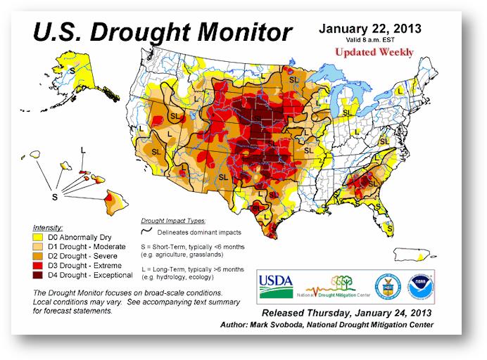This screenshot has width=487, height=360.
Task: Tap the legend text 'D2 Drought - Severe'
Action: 85,257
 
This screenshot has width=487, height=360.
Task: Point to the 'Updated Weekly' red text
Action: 374,52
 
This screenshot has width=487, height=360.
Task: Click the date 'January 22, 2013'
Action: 370,30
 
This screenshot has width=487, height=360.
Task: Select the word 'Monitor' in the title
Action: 238,32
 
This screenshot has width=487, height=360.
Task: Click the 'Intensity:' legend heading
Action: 47,229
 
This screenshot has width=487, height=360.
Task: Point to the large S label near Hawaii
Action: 53,198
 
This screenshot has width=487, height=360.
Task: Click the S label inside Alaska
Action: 72,70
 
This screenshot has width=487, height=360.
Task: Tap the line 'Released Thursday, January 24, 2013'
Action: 348,311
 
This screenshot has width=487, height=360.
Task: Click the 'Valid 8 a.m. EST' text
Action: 369,41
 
